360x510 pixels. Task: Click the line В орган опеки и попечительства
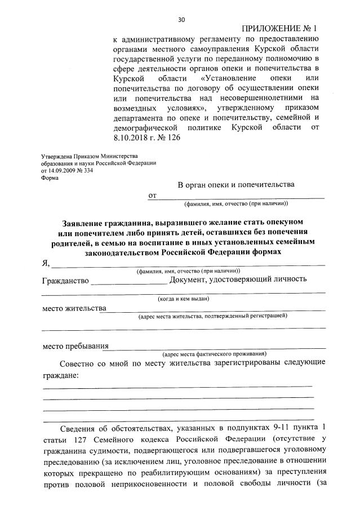(236, 184)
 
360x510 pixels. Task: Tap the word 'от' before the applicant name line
(152, 196)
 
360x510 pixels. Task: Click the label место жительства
(74, 308)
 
